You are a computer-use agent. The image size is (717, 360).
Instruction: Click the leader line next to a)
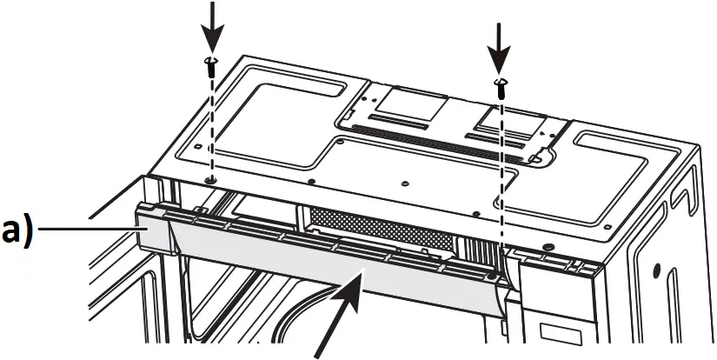coord(87,230)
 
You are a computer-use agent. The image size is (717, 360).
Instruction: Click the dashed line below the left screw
coord(211,122)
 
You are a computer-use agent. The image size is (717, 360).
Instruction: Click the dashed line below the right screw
coord(501,174)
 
